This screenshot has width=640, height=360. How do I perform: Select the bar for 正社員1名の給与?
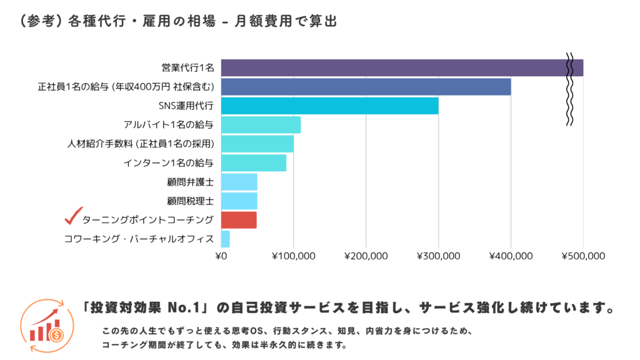366,87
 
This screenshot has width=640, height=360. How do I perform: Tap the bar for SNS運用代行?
329,106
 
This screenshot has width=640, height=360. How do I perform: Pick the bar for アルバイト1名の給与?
261,125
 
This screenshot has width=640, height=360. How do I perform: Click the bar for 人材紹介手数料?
257,144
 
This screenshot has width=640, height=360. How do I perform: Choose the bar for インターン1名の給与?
253,163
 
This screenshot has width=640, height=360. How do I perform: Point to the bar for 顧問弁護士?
239,182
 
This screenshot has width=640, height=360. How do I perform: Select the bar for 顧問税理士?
239,201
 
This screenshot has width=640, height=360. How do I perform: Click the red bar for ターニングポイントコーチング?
239,220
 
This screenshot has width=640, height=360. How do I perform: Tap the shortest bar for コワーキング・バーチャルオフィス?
226,239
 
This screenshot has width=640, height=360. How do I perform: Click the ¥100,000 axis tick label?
294,256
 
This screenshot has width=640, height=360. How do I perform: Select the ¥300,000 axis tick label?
439,256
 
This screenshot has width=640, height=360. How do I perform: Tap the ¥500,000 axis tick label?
583,256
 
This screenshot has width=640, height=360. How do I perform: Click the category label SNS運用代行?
186,106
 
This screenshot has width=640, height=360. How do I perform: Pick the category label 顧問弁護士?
191,182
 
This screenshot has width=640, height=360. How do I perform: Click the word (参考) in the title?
39,21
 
